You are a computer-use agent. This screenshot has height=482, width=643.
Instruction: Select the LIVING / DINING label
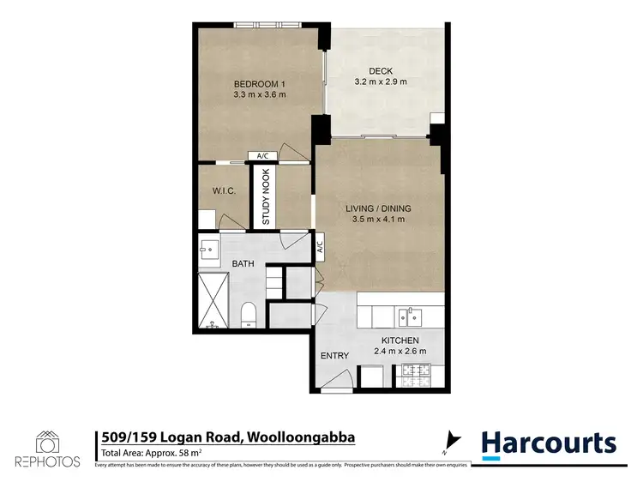click(378, 208)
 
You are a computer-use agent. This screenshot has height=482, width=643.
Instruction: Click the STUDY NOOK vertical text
click(266, 197)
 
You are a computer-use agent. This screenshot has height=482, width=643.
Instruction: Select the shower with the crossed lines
click(214, 300)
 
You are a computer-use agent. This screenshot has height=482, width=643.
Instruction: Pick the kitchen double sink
click(408, 316)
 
